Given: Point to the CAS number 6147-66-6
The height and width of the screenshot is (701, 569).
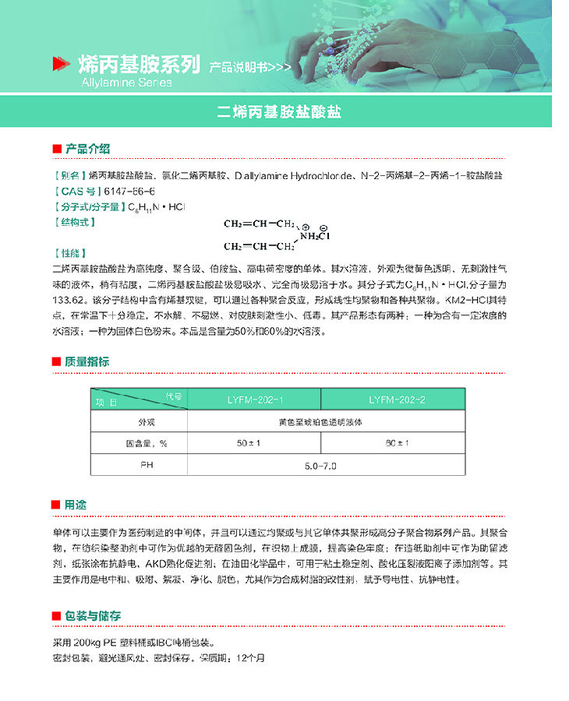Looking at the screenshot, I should (130, 192).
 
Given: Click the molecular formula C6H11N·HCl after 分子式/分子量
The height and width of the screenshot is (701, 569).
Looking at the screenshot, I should (156, 207).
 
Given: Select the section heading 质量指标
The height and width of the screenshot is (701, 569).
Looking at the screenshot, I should (87, 361).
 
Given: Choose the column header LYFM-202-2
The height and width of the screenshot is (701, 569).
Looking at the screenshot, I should (397, 400).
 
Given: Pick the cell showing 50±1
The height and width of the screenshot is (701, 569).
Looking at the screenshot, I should (247, 443).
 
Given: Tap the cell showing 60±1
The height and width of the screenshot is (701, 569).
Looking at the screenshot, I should (397, 443).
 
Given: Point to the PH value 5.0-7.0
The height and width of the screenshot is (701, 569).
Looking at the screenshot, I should (321, 466).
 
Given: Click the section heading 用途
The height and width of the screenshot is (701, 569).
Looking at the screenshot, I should (76, 505).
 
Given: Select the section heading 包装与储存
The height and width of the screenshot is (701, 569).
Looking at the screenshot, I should (93, 615).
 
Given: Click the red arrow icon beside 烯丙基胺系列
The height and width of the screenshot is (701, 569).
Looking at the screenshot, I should (60, 65).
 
